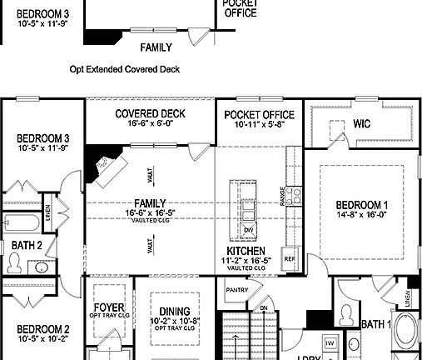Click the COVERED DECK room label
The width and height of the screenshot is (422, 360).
tap(150, 114)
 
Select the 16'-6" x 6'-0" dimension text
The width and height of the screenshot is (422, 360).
tap(150, 124)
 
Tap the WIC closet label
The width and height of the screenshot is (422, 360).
tap(361, 123)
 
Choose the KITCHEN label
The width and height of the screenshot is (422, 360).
tap(246, 251)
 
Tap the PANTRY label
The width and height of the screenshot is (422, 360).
tap(236, 289)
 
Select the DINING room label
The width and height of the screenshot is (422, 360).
tap(169, 298)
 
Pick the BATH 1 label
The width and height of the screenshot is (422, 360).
tap(376, 324)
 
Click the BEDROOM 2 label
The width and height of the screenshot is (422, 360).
tap(42, 328)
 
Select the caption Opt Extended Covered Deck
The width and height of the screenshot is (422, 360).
tap(125, 70)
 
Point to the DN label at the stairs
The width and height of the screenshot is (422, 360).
tap(264, 307)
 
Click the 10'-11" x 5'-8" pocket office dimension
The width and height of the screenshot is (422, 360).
tap(259, 124)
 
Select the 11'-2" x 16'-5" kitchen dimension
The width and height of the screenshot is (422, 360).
tap(246, 261)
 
